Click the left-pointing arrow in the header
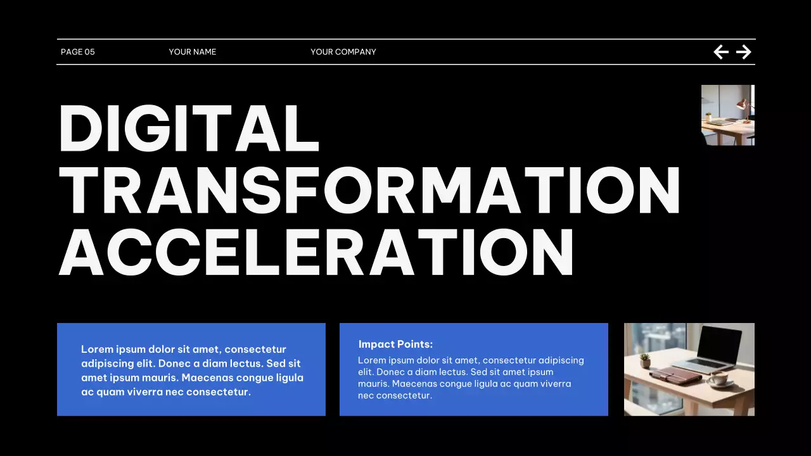tap(721, 52)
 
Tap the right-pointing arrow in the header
tap(744, 52)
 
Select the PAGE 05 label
tap(77, 52)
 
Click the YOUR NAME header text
tap(193, 52)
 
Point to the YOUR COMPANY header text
tap(343, 52)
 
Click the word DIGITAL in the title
tap(188, 128)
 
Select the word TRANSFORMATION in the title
tap(369, 191)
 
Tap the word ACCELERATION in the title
tap(316, 251)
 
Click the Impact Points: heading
tap(395, 345)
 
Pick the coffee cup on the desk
tap(718, 379)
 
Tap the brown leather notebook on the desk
tap(675, 375)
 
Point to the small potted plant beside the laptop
tap(645, 360)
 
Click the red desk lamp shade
tap(742, 104)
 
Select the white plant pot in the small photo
tap(708, 118)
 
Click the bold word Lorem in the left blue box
tap(96, 349)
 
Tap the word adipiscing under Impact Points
tap(561, 360)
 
